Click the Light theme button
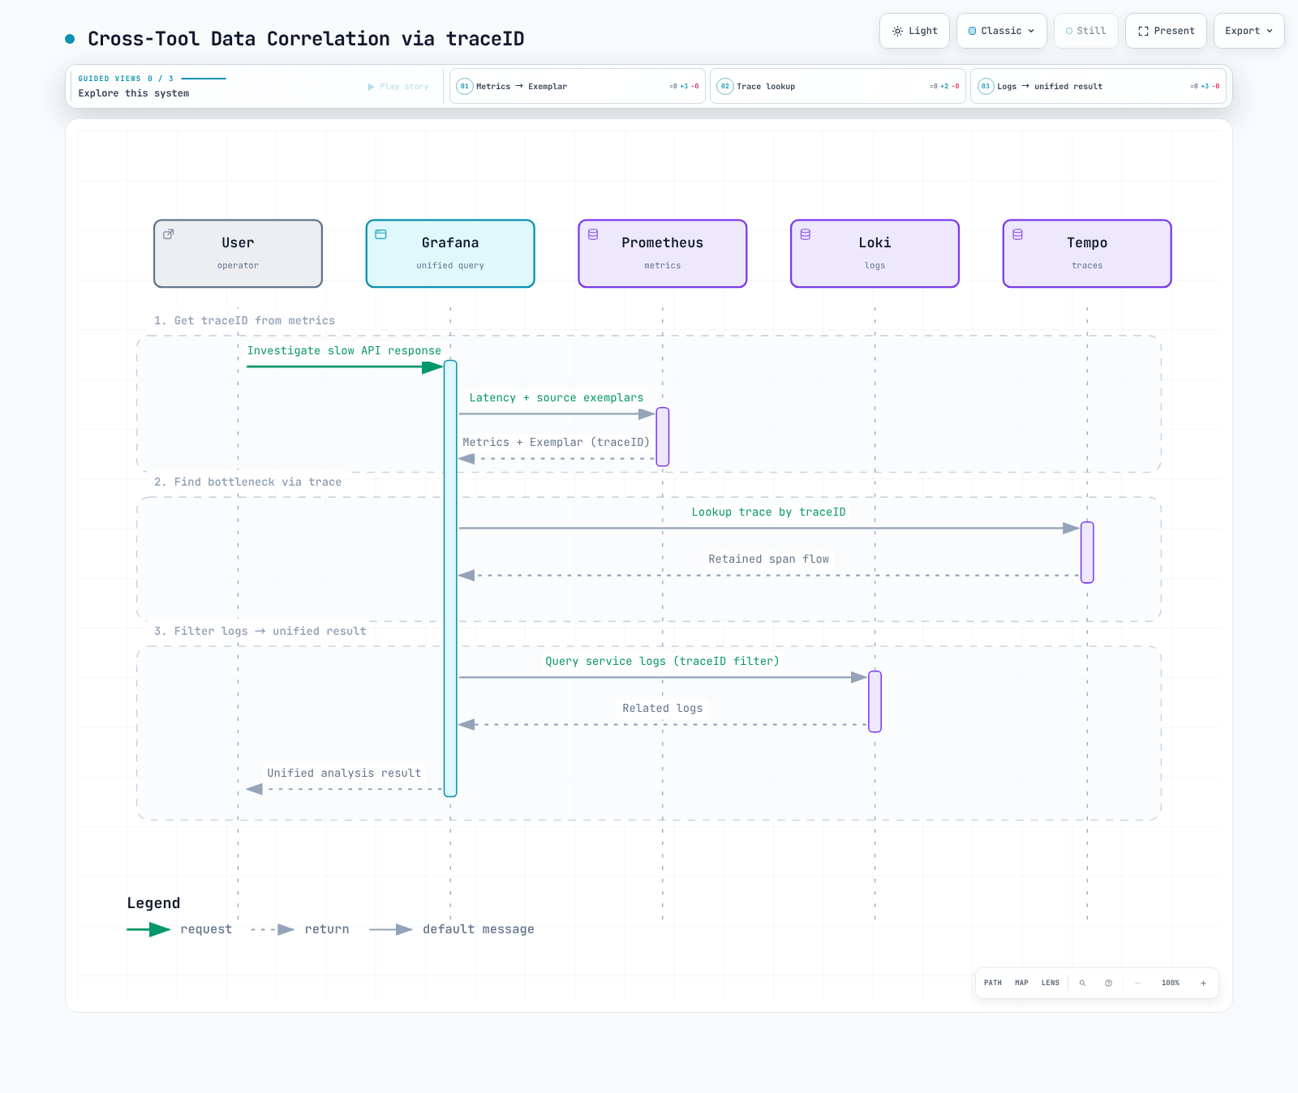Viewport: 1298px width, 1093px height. tap(914, 31)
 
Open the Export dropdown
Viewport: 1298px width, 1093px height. tap(1249, 31)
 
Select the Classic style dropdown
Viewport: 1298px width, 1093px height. tap(1002, 31)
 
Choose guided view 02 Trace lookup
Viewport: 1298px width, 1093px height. tap(838, 86)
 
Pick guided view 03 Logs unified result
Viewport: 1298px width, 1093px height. tap(1098, 86)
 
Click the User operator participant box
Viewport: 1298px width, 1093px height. tap(238, 254)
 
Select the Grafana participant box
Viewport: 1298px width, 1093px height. tap(450, 254)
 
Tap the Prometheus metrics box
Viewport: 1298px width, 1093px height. tap(663, 254)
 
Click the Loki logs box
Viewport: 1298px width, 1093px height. tap(875, 254)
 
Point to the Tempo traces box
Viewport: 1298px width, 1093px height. tap(1087, 254)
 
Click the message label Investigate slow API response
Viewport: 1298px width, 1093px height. tap(344, 350)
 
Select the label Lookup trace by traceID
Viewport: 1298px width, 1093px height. tap(768, 512)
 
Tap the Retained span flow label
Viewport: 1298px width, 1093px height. tap(768, 559)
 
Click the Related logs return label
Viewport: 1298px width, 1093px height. tap(662, 708)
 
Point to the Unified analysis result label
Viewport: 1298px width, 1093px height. tap(344, 773)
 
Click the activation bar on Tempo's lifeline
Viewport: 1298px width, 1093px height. tap(1087, 552)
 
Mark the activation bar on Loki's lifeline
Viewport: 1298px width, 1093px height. tap(875, 701)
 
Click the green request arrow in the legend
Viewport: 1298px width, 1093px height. tap(148, 929)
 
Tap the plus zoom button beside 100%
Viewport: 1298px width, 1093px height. tap(1203, 983)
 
